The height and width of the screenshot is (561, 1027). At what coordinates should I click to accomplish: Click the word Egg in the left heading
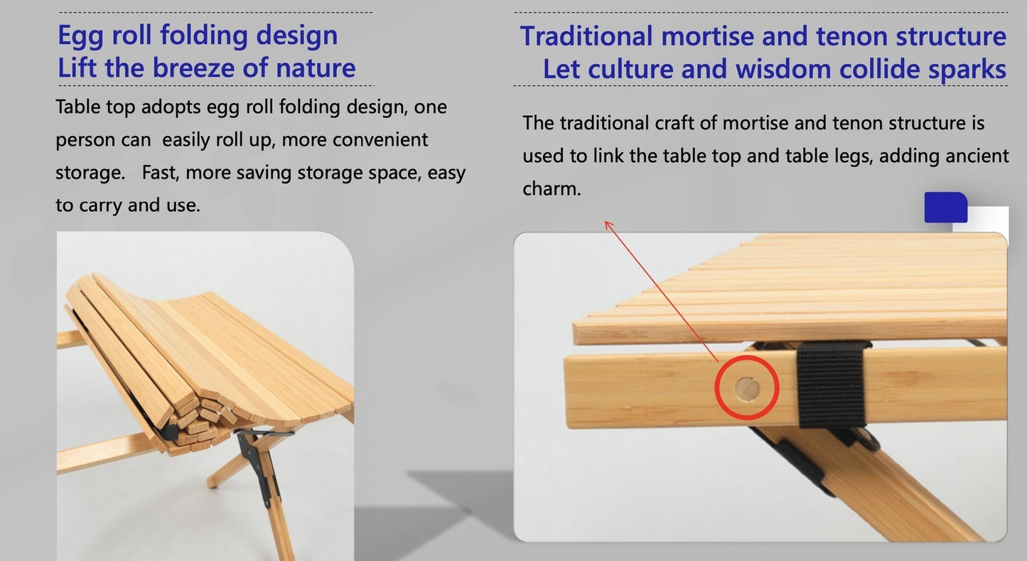coord(84,36)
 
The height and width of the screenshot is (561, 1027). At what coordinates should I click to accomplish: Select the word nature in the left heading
coord(315,68)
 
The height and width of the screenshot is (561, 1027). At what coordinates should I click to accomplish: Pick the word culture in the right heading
coord(628,70)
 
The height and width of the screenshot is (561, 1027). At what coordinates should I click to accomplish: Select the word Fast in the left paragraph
coord(159,173)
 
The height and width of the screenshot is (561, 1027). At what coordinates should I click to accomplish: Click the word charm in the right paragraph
coord(549,189)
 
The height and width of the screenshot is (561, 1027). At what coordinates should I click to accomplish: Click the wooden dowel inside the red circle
coord(746,389)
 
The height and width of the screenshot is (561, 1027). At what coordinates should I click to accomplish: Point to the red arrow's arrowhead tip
coord(606,222)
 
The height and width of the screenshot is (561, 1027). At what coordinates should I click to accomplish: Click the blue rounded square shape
coord(945,208)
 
